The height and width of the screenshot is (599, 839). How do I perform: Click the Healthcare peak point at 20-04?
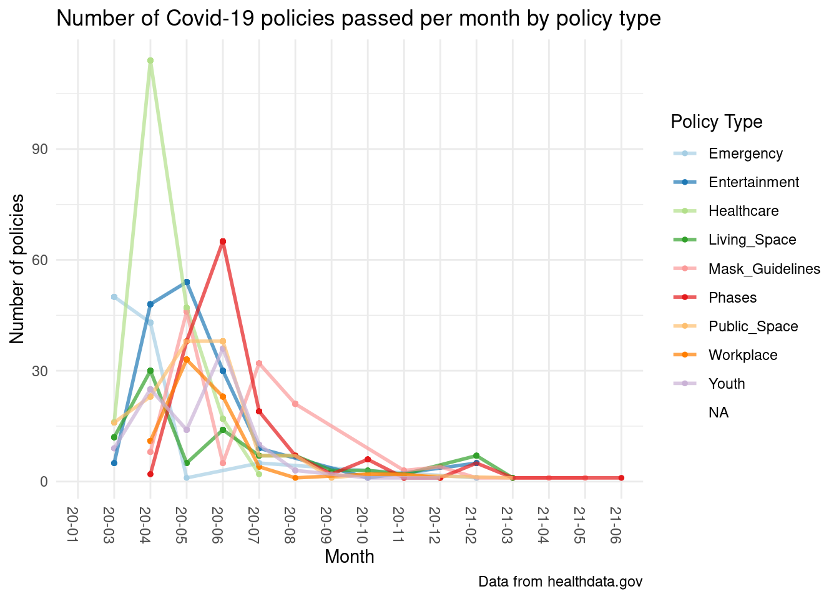(150, 61)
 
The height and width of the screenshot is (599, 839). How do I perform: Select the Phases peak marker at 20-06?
(223, 241)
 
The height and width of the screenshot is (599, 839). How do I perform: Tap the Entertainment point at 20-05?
(187, 282)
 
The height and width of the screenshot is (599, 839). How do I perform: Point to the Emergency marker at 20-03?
(114, 297)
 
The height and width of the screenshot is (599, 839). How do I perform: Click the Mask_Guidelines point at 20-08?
(295, 404)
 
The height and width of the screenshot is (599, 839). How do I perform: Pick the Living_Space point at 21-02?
(476, 455)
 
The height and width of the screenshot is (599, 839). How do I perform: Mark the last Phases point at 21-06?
(621, 478)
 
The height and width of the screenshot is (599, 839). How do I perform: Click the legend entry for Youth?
(727, 384)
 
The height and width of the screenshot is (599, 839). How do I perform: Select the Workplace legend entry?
(743, 355)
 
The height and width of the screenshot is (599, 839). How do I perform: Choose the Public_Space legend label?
(753, 326)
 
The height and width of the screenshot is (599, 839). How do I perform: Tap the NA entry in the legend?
(719, 412)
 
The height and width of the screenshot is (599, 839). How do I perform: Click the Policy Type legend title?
(716, 122)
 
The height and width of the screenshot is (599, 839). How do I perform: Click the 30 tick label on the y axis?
(41, 371)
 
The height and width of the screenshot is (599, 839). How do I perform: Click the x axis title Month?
(349, 557)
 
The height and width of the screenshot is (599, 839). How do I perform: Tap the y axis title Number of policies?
(18, 268)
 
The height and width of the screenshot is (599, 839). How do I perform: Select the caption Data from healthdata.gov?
(560, 582)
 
